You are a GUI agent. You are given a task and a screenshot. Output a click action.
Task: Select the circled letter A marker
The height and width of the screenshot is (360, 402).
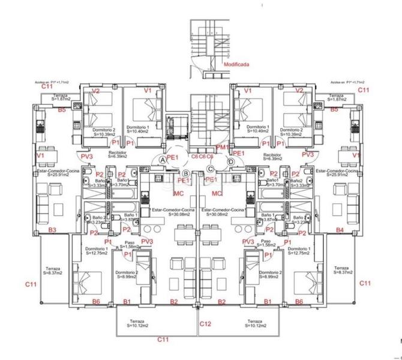coord(163,160)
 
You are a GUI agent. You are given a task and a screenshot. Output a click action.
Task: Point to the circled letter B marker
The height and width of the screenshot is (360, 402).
coord(186,173)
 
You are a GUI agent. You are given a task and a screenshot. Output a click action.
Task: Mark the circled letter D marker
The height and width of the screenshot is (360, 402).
coord(232,161)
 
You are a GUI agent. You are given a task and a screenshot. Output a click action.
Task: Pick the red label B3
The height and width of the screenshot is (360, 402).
coord(52,230)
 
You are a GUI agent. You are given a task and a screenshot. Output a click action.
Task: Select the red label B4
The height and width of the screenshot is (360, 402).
coord(340,230)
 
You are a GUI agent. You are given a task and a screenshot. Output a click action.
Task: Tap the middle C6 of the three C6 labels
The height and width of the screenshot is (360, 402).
coord(202,156)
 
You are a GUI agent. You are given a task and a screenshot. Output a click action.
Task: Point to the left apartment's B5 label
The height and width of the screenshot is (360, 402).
coord(61,110)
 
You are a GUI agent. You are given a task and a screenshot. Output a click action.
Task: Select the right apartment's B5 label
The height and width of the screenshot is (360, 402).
coord(334,110)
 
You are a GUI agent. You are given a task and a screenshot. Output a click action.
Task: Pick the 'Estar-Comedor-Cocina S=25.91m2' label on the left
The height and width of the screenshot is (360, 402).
coord(54,173)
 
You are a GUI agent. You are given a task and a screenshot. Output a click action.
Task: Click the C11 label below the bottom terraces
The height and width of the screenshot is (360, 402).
coord(163,339)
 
